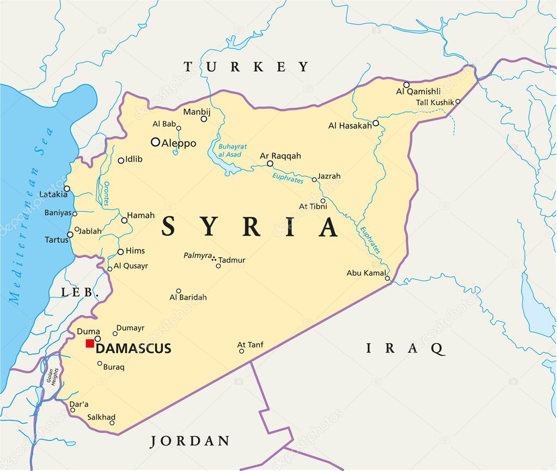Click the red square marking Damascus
coord(90,343)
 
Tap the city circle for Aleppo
coord(155,142)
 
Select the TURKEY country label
coord(246,67)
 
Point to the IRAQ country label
coord(405,348)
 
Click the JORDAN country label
coord(190,441)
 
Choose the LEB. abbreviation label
coord(79,293)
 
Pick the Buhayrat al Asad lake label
coord(232,151)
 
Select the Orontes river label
coord(106,193)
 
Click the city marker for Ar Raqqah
coord(270,163)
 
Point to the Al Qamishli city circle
coord(406,85)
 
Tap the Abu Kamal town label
coord(366,273)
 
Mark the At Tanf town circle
coord(241,351)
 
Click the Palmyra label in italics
coord(197,255)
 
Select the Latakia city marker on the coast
coord(66,189)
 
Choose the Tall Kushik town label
coord(434,102)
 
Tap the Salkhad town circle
coord(112,423)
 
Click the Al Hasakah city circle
coord(376,123)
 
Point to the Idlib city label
coord(134,159)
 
